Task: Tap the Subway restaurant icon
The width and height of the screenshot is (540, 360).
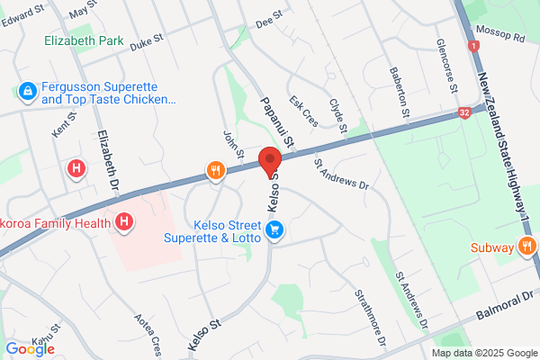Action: (x=528, y=246)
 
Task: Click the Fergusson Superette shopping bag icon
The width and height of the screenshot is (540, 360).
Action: (x=28, y=91)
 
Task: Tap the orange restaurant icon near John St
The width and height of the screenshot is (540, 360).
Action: (x=215, y=170)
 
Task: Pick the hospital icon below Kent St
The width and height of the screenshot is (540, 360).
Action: (x=76, y=167)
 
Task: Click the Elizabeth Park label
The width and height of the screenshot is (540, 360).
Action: (x=84, y=40)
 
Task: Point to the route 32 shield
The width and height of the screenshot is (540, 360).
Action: (x=463, y=112)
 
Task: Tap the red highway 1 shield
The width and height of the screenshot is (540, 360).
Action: (x=472, y=45)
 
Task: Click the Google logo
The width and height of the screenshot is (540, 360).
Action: (x=29, y=349)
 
